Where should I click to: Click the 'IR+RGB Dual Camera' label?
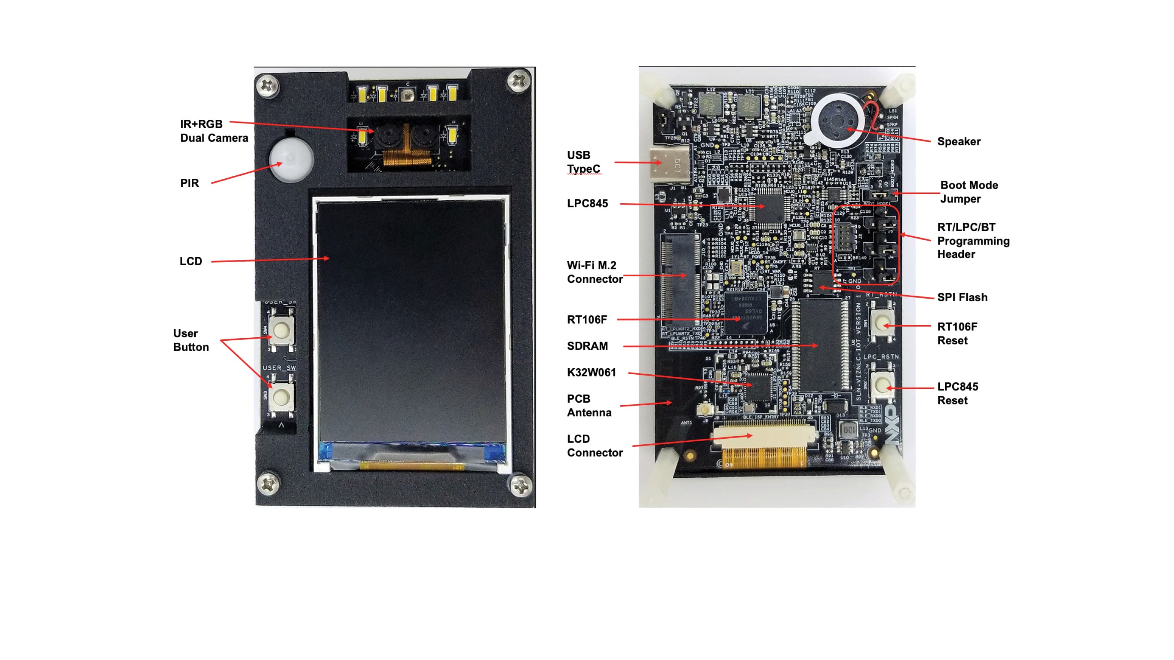214,131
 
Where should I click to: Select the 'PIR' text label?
190,183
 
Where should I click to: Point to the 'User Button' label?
191,340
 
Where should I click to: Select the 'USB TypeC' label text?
583,162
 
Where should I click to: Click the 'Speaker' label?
959,142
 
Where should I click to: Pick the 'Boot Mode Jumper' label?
969,192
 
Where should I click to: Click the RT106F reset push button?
881,323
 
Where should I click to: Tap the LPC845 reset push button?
881,385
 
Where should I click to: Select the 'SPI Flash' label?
962,297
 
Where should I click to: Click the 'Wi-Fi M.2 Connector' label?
594,272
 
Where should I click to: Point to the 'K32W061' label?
591,373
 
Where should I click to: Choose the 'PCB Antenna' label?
589,405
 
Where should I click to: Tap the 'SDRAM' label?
587,346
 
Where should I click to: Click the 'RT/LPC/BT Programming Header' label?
973,241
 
